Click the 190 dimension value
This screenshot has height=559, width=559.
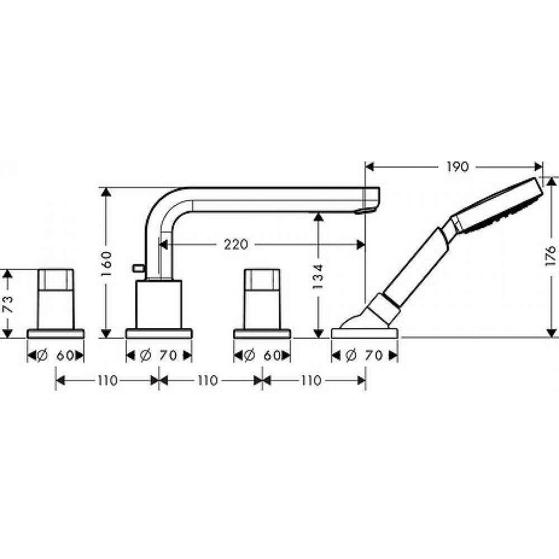tap(457, 167)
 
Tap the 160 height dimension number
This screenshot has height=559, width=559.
tap(107, 263)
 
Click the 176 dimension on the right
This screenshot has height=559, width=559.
tap(551, 256)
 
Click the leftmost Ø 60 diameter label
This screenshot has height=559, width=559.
tap(56, 355)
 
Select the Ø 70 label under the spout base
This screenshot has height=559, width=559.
tap(159, 355)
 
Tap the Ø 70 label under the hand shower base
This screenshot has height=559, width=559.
tap(364, 355)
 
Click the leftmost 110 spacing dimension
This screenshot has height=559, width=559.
tap(106, 381)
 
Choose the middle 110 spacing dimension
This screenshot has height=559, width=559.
tap(207, 381)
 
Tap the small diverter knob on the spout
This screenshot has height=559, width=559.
tap(136, 269)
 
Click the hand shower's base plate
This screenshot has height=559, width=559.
tap(364, 333)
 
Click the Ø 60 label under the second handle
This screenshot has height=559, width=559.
tap(262, 355)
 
